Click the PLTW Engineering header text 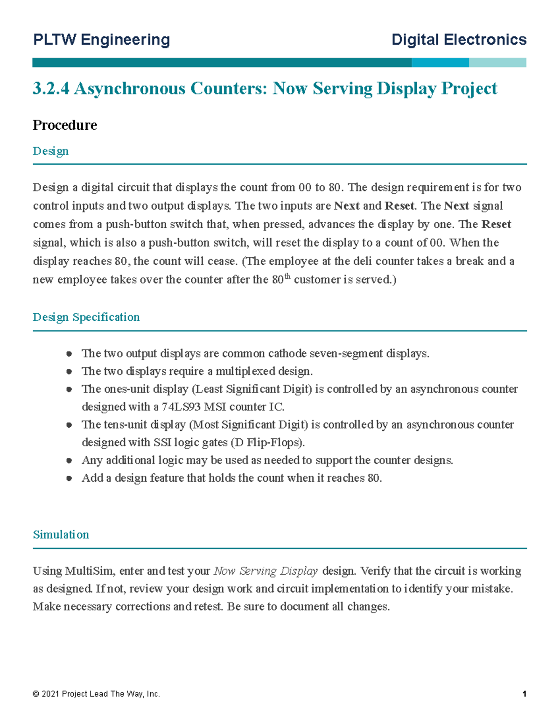click(x=101, y=40)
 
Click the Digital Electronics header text click(x=459, y=40)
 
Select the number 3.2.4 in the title click(x=51, y=88)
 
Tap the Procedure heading click(x=65, y=125)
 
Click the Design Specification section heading click(x=86, y=317)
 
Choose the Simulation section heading click(x=61, y=535)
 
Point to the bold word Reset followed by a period click(x=399, y=206)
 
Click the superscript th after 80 click(x=287, y=277)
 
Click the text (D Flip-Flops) click(x=268, y=443)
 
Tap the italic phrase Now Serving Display click(x=266, y=571)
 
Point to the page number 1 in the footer click(x=525, y=694)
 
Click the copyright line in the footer click(x=96, y=694)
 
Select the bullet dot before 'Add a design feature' click(x=69, y=478)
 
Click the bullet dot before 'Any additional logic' click(x=69, y=460)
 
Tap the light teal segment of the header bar click(x=497, y=63)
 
